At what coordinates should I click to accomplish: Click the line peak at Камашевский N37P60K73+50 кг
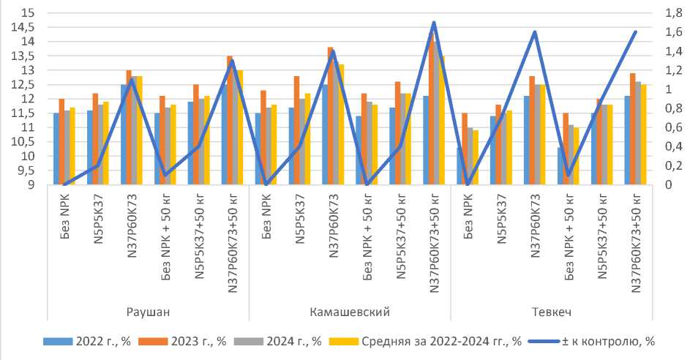[434, 23]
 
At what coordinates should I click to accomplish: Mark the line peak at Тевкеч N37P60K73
[534, 32]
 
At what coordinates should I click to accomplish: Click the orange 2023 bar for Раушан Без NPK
[61, 141]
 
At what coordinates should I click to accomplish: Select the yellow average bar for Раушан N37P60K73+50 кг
[240, 127]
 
